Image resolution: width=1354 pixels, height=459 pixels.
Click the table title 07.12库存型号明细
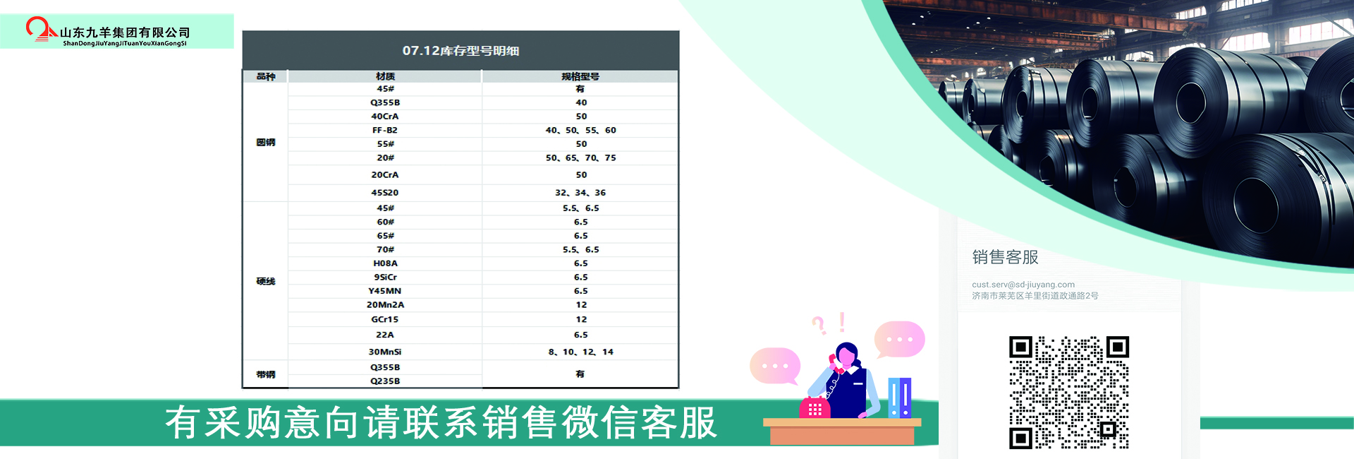click(x=461, y=51)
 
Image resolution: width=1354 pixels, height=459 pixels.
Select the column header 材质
click(x=385, y=76)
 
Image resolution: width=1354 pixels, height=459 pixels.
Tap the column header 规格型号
click(x=580, y=76)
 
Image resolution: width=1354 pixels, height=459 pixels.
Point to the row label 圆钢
click(x=266, y=143)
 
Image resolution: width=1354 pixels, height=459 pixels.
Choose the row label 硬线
click(x=266, y=281)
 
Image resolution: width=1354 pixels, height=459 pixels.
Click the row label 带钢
click(x=266, y=374)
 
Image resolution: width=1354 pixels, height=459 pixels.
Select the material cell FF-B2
click(x=385, y=130)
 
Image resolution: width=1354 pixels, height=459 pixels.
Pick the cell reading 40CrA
click(x=385, y=117)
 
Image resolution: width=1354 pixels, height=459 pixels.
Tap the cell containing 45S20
click(x=385, y=193)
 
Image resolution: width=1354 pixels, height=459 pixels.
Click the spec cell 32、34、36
click(x=580, y=193)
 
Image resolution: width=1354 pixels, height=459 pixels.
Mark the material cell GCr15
click(x=385, y=319)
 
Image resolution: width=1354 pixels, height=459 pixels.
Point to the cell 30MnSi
click(x=385, y=352)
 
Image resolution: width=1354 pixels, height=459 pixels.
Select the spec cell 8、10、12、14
click(x=581, y=352)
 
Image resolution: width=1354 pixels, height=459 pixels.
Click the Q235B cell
click(x=385, y=381)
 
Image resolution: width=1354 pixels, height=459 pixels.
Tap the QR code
click(x=1069, y=393)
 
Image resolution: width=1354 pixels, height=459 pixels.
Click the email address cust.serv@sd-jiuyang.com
click(x=1023, y=285)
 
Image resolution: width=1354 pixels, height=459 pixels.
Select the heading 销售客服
click(x=1005, y=257)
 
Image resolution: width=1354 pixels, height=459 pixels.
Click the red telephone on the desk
click(x=815, y=407)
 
